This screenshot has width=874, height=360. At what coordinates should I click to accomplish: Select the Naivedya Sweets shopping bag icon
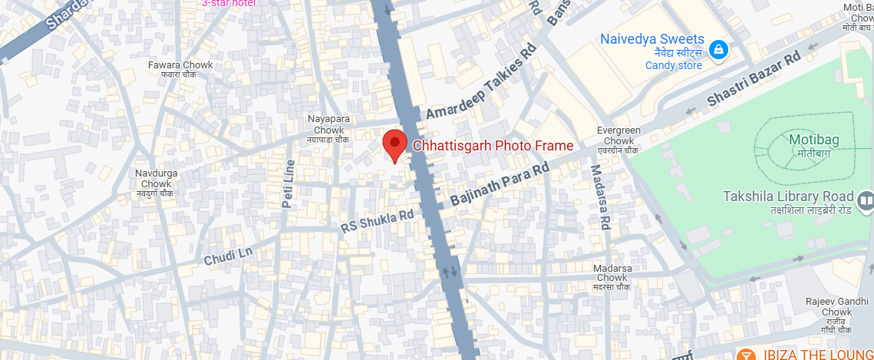pyautogui.click(x=718, y=50)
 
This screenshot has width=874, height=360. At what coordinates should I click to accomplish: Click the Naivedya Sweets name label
pyautogui.click(x=651, y=39)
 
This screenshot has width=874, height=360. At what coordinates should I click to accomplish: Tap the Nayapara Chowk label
pyautogui.click(x=328, y=124)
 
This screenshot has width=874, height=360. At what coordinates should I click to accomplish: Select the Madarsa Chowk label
pyautogui.click(x=611, y=272)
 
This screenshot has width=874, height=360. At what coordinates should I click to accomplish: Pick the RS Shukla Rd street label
pyautogui.click(x=378, y=222)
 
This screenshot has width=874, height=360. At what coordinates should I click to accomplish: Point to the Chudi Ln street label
pyautogui.click(x=228, y=256)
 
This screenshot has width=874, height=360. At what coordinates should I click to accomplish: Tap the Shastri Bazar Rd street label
pyautogui.click(x=753, y=79)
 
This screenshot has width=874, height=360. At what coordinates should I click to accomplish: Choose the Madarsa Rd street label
pyautogui.click(x=599, y=198)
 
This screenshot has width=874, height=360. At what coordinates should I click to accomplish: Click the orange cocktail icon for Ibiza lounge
pyautogui.click(x=744, y=355)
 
